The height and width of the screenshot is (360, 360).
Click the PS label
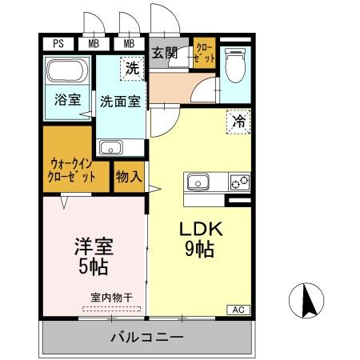[58, 44]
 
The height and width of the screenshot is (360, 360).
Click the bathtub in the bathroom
[67, 73]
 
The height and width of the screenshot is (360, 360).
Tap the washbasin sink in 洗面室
[110, 147]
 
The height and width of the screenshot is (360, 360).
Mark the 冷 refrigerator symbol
[238, 122]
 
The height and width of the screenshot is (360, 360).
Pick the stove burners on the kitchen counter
[238, 182]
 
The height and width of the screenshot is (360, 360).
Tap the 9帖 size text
[200, 249]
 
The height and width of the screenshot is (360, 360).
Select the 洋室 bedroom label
[90, 242]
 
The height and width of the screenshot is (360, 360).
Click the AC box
[238, 310]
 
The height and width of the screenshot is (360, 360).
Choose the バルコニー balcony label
[146, 337]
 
